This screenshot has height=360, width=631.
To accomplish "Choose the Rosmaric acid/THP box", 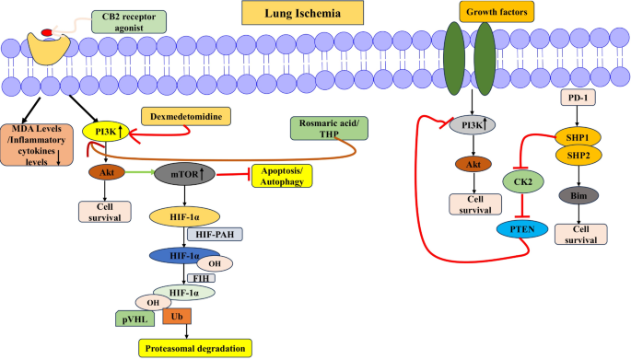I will click(328, 128).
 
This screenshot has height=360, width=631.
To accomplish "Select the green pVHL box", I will click(134, 319).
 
